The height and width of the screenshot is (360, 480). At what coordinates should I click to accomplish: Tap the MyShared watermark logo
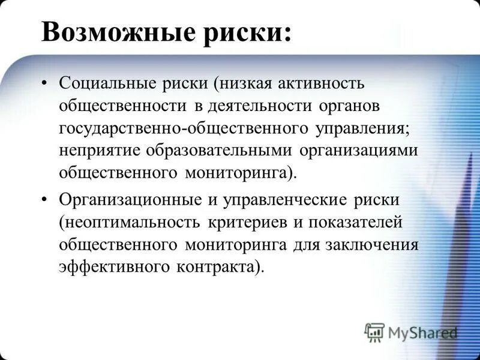pyautogui.click(x=411, y=332)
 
